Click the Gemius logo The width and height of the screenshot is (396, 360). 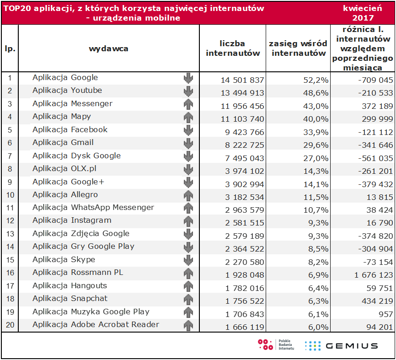(x=341, y=346)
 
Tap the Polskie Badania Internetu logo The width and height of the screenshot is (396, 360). (x=276, y=345)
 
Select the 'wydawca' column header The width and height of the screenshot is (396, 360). (x=108, y=48)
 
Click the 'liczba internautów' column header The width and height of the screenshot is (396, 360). (x=233, y=48)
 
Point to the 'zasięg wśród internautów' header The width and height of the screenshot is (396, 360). (x=298, y=48)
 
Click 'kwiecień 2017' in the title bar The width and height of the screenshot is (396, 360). (x=363, y=13)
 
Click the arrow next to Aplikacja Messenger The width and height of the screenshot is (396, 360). (x=188, y=104)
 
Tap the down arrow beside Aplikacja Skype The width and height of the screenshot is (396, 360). (x=188, y=260)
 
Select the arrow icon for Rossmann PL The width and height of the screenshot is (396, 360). (x=188, y=273)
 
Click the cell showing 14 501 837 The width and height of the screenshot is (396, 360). (x=242, y=80)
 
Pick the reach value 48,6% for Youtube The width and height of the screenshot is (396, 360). (x=316, y=93)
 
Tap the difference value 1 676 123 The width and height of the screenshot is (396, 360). (x=373, y=275)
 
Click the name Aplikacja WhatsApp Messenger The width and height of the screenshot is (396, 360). (x=93, y=207)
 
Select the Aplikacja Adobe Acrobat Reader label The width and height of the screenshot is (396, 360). (x=96, y=324)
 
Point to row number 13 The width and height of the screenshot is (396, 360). (x=10, y=234)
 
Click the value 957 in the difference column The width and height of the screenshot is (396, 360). (x=385, y=314)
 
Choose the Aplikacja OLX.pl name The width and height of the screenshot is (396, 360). (x=64, y=168)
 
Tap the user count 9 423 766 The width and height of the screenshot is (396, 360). (x=245, y=132)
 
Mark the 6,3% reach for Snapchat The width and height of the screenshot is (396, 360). (x=318, y=301)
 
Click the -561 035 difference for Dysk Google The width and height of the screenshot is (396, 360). (x=375, y=158)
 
